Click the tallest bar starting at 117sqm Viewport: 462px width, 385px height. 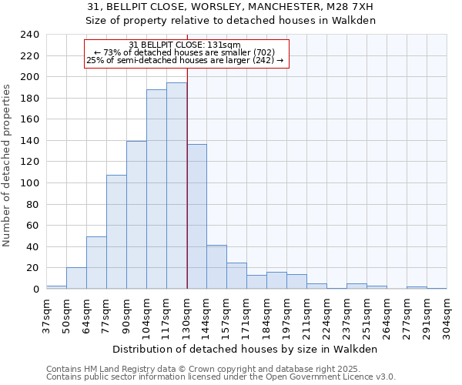click(x=176, y=186)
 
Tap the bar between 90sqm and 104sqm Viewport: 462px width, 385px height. click(x=136, y=215)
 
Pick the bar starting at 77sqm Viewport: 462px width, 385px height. click(x=116, y=232)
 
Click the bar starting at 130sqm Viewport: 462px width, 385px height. click(x=196, y=216)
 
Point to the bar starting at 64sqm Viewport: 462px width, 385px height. click(x=96, y=263)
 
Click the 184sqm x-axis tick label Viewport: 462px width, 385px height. click(x=266, y=316)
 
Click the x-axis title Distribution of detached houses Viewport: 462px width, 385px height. click(x=246, y=349)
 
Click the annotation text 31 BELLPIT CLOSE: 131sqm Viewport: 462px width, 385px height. click(x=185, y=45)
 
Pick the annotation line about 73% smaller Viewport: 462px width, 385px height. click(x=185, y=52)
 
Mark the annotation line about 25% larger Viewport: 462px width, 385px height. click(x=185, y=60)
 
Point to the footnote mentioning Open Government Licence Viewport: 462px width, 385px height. click(x=220, y=377)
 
